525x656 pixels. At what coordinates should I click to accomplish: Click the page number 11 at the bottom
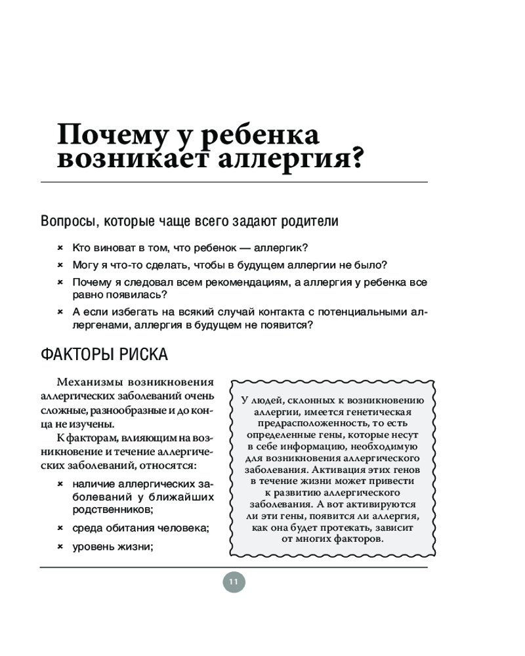pos(234,582)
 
